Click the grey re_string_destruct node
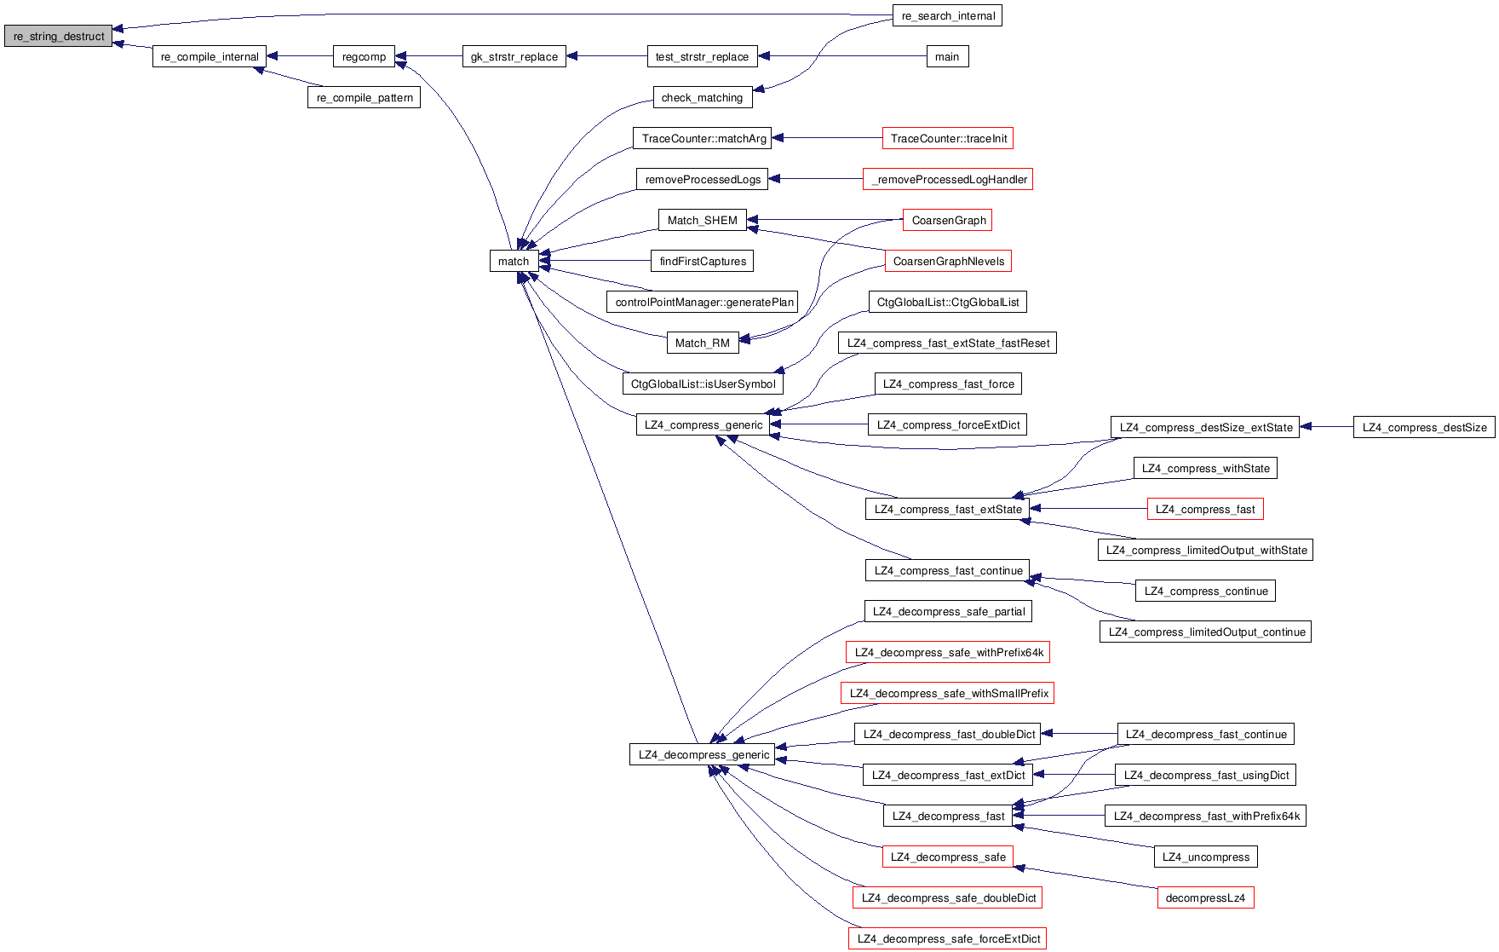(58, 36)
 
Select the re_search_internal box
(947, 15)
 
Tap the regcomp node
(364, 56)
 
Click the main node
(946, 56)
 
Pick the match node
(513, 261)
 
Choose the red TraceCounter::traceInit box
(948, 138)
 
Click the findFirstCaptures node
(702, 261)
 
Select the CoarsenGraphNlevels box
(948, 261)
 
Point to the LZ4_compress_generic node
(703, 424)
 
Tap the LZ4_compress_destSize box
(1423, 427)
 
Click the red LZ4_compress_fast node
(1204, 509)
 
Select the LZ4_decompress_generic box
(703, 754)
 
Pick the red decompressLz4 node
(1204, 897)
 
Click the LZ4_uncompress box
(1205, 857)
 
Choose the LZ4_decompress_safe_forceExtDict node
(948, 938)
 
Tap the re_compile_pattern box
(364, 97)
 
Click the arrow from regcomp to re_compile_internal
(299, 56)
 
